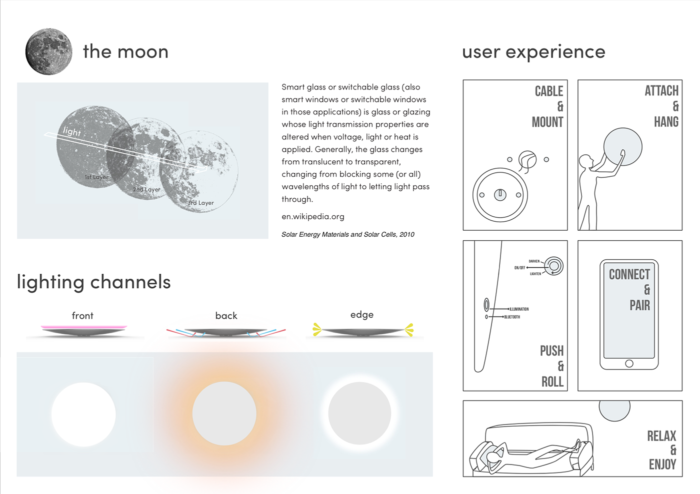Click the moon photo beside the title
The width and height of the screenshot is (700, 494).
pyautogui.click(x=48, y=51)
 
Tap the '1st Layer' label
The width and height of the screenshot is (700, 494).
pyautogui.click(x=96, y=177)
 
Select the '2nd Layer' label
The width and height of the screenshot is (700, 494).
pyautogui.click(x=146, y=190)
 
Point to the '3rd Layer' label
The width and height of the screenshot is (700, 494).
pyautogui.click(x=200, y=203)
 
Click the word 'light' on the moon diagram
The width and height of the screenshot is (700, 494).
pyautogui.click(x=72, y=131)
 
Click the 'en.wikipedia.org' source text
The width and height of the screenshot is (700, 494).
pyautogui.click(x=313, y=216)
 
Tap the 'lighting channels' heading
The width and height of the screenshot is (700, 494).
pyautogui.click(x=93, y=282)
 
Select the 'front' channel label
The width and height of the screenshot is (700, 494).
pyautogui.click(x=82, y=316)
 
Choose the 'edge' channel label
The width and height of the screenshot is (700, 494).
pyautogui.click(x=362, y=315)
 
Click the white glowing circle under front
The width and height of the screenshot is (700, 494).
pyautogui.click(x=83, y=414)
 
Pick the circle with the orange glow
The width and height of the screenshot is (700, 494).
pyautogui.click(x=224, y=414)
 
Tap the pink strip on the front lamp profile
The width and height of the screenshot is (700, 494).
pyautogui.click(x=84, y=327)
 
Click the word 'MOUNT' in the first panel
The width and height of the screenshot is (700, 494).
pyautogui.click(x=547, y=122)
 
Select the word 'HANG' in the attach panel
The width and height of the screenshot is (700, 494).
pyautogui.click(x=666, y=122)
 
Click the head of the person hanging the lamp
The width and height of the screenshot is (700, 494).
pyautogui.click(x=584, y=161)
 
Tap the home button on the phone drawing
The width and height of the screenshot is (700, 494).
pyautogui.click(x=629, y=363)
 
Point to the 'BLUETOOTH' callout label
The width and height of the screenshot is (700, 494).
pyautogui.click(x=512, y=317)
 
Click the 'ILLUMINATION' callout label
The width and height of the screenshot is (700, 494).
pyautogui.click(x=519, y=309)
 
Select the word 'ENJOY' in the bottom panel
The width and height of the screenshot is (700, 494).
pyautogui.click(x=662, y=465)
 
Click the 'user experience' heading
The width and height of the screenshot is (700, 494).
pyautogui.click(x=533, y=51)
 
